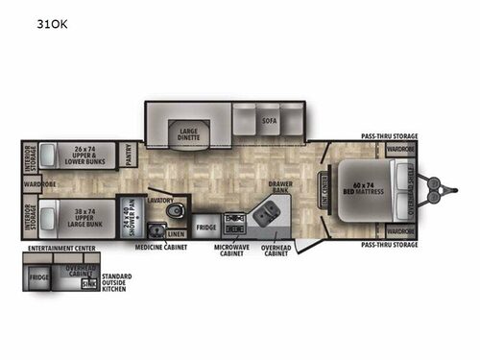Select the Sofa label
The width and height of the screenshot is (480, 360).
click(270, 121)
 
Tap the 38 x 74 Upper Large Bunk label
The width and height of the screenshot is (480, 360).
click(76, 215)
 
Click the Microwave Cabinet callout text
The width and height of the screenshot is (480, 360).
click(232, 252)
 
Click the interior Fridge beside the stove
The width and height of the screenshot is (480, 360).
click(205, 228)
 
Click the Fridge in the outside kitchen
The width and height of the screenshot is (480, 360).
click(38, 278)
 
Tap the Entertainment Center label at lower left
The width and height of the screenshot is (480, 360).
click(55, 249)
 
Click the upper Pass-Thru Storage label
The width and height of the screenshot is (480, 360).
click(389, 137)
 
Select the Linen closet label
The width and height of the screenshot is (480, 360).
click(175, 233)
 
